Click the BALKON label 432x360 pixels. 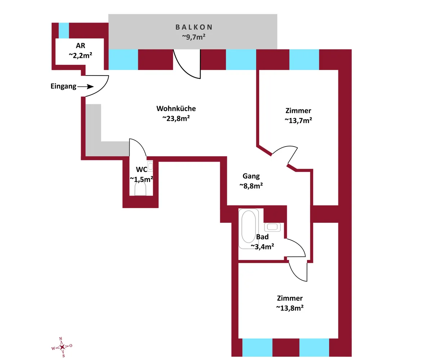[194, 27]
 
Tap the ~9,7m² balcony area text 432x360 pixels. [194, 37]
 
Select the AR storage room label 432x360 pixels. [81, 45]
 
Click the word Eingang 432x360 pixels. [63, 86]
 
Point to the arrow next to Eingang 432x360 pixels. [85, 86]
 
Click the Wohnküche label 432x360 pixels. [176, 108]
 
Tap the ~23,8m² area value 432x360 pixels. [176, 118]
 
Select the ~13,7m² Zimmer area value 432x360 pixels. [298, 120]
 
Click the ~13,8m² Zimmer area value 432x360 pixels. [290, 308]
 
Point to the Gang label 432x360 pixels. [251, 176]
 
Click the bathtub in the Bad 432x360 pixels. [248, 228]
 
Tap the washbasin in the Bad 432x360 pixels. [272, 227]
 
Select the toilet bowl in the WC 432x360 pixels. [140, 189]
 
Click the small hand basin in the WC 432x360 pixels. [150, 166]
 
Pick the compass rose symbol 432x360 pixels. [62, 347]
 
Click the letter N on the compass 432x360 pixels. [60, 339]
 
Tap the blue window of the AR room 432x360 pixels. [64, 31]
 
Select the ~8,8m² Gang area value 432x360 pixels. [251, 186]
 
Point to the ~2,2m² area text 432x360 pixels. [81, 55]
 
